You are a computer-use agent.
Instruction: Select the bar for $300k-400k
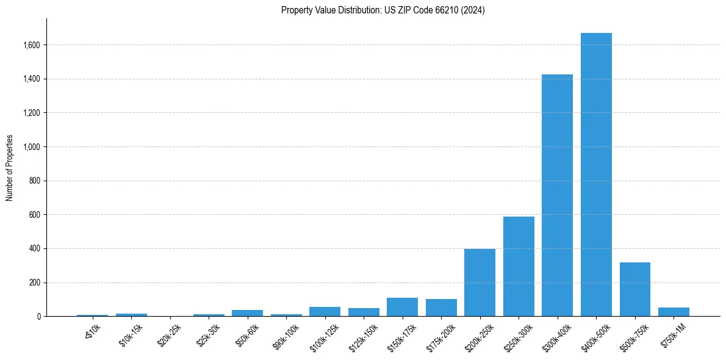[557, 195]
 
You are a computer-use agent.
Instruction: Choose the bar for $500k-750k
[635, 289]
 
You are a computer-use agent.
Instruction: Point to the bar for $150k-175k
[402, 307]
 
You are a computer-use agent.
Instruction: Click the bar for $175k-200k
[441, 308]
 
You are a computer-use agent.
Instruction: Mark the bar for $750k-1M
[674, 312]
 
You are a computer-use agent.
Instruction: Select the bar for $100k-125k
[325, 311]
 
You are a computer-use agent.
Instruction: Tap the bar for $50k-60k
[247, 313]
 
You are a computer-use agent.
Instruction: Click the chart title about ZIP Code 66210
[383, 10]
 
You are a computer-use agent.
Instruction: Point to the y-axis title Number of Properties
[10, 168]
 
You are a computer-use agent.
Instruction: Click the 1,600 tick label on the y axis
[32, 45]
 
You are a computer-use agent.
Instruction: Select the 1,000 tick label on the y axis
[32, 147]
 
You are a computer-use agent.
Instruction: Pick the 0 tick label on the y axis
[38, 317]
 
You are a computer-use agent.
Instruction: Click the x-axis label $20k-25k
[169, 335]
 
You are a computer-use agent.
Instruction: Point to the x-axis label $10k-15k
[131, 335]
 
